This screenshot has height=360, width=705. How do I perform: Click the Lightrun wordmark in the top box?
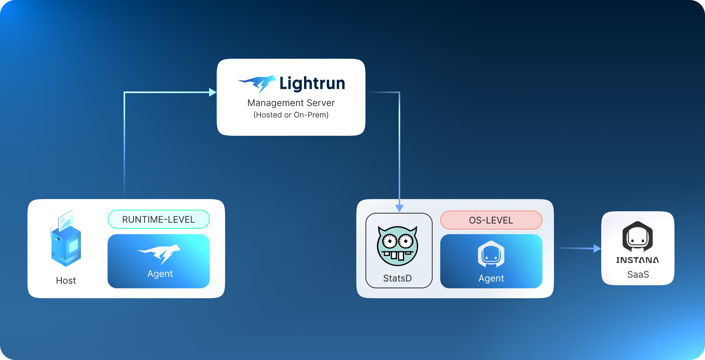point(312,84)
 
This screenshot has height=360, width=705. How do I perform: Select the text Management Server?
point(291,103)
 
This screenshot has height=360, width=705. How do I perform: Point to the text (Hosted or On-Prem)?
point(291,115)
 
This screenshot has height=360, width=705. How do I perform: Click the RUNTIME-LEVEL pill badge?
point(158,219)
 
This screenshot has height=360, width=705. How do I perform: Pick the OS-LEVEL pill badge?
point(491,220)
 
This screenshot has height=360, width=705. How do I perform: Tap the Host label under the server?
point(66,281)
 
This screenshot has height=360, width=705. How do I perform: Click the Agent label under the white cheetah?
point(160,274)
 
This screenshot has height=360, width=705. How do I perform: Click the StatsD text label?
point(397,278)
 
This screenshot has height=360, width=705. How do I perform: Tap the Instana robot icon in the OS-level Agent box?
point(491,254)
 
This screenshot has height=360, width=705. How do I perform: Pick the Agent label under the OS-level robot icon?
point(491,278)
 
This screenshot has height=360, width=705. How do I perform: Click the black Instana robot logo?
point(637,236)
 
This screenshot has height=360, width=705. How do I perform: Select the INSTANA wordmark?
point(637,260)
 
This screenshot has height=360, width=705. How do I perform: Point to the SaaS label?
point(638,275)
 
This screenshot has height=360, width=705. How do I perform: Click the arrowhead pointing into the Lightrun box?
point(213,92)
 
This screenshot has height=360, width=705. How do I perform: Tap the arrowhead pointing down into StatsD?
point(399,208)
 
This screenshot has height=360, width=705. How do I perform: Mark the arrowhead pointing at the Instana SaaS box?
point(597,249)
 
